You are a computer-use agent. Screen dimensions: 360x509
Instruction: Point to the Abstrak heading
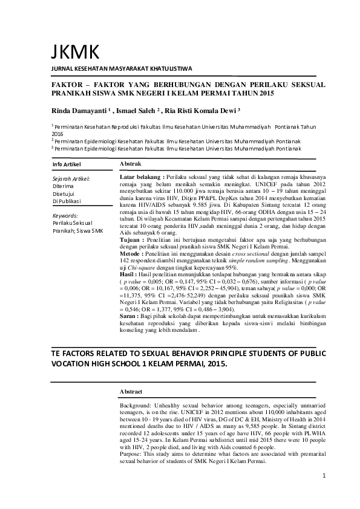click(131, 164)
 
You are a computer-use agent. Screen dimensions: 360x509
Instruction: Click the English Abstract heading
click(133, 392)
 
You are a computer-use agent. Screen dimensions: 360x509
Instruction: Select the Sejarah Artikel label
click(72, 179)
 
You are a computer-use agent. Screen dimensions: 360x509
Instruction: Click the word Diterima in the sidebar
click(64, 186)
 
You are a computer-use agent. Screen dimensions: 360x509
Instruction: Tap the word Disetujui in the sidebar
click(64, 193)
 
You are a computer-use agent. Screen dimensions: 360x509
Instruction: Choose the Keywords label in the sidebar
click(65, 215)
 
